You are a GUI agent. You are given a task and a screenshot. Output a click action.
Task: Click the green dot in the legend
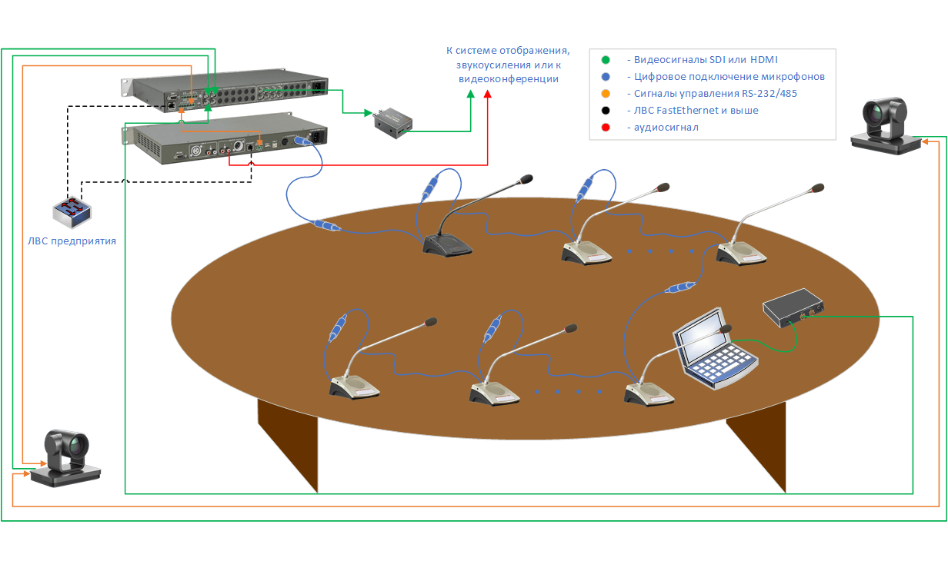coord(606,60)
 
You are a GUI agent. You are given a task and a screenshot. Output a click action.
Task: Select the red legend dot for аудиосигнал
coord(606,128)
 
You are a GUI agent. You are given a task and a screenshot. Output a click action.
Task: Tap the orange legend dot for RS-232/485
coord(606,94)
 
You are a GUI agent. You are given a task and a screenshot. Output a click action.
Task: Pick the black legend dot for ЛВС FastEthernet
coord(606,111)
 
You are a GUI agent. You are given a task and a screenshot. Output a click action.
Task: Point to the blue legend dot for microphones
coord(606,77)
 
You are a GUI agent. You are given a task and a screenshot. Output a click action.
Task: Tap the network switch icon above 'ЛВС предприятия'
coord(72,212)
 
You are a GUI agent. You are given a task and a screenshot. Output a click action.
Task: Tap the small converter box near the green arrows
coord(392,121)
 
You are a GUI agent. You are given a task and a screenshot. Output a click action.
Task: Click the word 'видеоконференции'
coord(508,79)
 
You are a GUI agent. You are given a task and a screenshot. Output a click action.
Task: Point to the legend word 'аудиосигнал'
coord(666,128)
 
